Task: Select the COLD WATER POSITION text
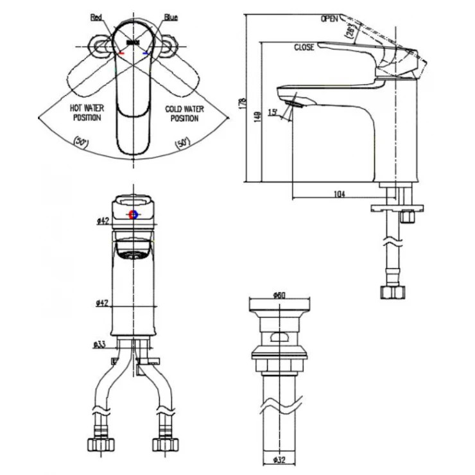[x=182, y=114]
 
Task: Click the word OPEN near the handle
[x=330, y=19]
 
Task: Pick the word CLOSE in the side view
[x=304, y=47]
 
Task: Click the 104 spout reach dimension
[x=340, y=194]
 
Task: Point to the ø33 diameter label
[x=100, y=345]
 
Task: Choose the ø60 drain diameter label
[x=279, y=295]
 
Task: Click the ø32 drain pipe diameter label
[x=279, y=460]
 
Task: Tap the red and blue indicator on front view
[x=134, y=215]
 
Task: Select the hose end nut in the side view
[x=393, y=292]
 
